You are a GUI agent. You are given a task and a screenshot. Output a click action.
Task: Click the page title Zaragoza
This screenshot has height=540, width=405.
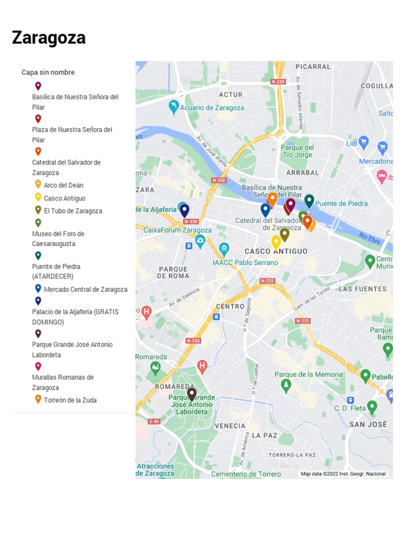[x=49, y=38]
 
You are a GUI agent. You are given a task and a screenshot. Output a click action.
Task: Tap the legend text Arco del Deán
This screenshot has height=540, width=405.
[x=63, y=185]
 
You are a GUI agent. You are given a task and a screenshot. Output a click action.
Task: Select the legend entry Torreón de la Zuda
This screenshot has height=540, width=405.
[x=70, y=400]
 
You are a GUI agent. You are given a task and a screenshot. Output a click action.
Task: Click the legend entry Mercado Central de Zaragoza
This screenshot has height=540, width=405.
[x=85, y=290]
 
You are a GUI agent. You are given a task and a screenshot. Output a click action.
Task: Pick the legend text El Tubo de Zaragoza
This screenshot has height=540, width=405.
[x=73, y=211]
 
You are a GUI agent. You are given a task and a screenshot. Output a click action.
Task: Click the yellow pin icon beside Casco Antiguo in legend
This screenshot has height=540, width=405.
[x=38, y=198]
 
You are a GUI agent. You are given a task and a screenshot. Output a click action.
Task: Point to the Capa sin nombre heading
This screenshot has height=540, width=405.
[x=48, y=72]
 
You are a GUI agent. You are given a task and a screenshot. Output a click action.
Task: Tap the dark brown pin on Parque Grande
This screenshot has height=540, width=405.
[x=192, y=393]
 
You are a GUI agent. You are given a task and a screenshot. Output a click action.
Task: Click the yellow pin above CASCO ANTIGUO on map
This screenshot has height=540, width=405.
[x=276, y=242]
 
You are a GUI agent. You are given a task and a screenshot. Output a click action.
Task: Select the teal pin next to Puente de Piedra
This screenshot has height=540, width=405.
[x=309, y=200]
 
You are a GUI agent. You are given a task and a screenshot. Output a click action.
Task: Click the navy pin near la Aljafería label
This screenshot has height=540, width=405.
[x=184, y=210]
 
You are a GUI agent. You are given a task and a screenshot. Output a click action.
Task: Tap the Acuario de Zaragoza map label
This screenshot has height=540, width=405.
[x=212, y=108]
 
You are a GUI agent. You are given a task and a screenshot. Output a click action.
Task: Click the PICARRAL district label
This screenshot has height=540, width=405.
[x=313, y=67]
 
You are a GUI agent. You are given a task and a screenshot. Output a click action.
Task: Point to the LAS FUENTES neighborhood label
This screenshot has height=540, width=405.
[x=362, y=289]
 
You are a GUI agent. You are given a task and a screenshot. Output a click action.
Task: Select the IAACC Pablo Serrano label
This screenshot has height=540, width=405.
[x=245, y=262]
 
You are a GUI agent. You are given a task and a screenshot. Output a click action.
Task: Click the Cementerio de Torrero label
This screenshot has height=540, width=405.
[x=246, y=474]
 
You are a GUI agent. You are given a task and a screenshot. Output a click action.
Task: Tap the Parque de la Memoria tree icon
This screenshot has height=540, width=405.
[x=286, y=385]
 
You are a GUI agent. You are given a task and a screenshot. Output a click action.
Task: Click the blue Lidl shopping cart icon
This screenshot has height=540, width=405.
[x=363, y=142]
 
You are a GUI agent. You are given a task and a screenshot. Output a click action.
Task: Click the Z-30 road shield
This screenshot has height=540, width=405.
[x=154, y=421]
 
